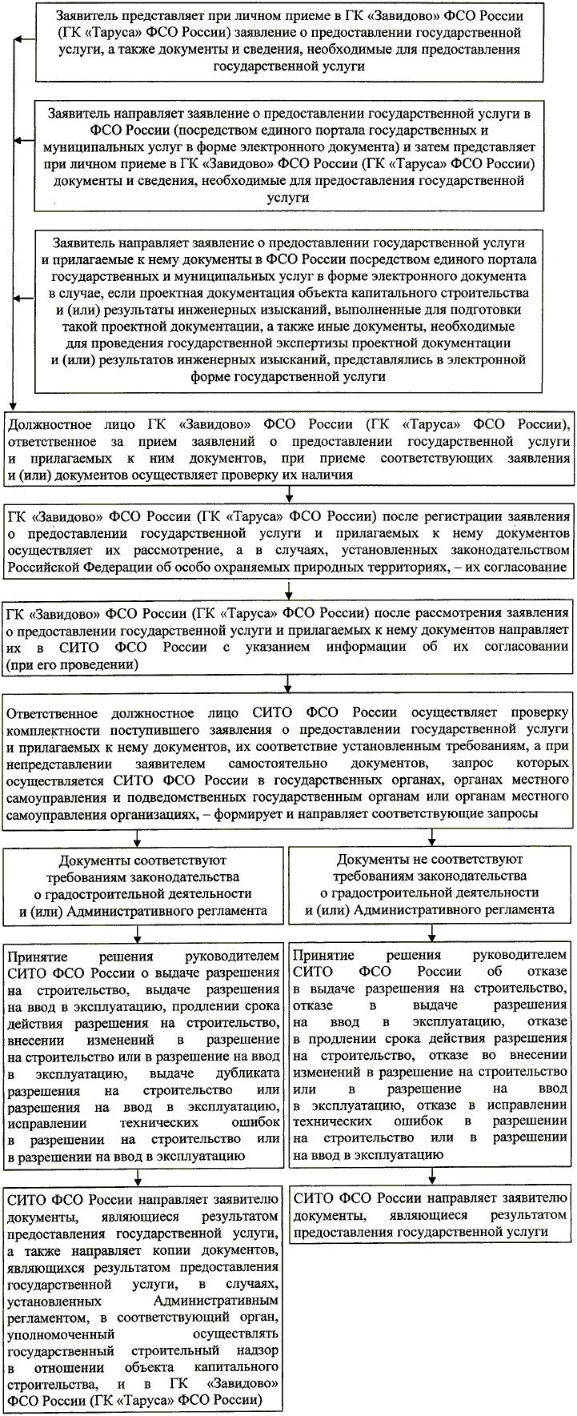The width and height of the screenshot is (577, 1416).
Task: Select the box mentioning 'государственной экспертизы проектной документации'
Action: (x=288, y=307)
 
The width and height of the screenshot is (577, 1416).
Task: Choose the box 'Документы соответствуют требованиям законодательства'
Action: (x=142, y=884)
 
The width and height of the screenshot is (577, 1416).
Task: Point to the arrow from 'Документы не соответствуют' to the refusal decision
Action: (x=432, y=932)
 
